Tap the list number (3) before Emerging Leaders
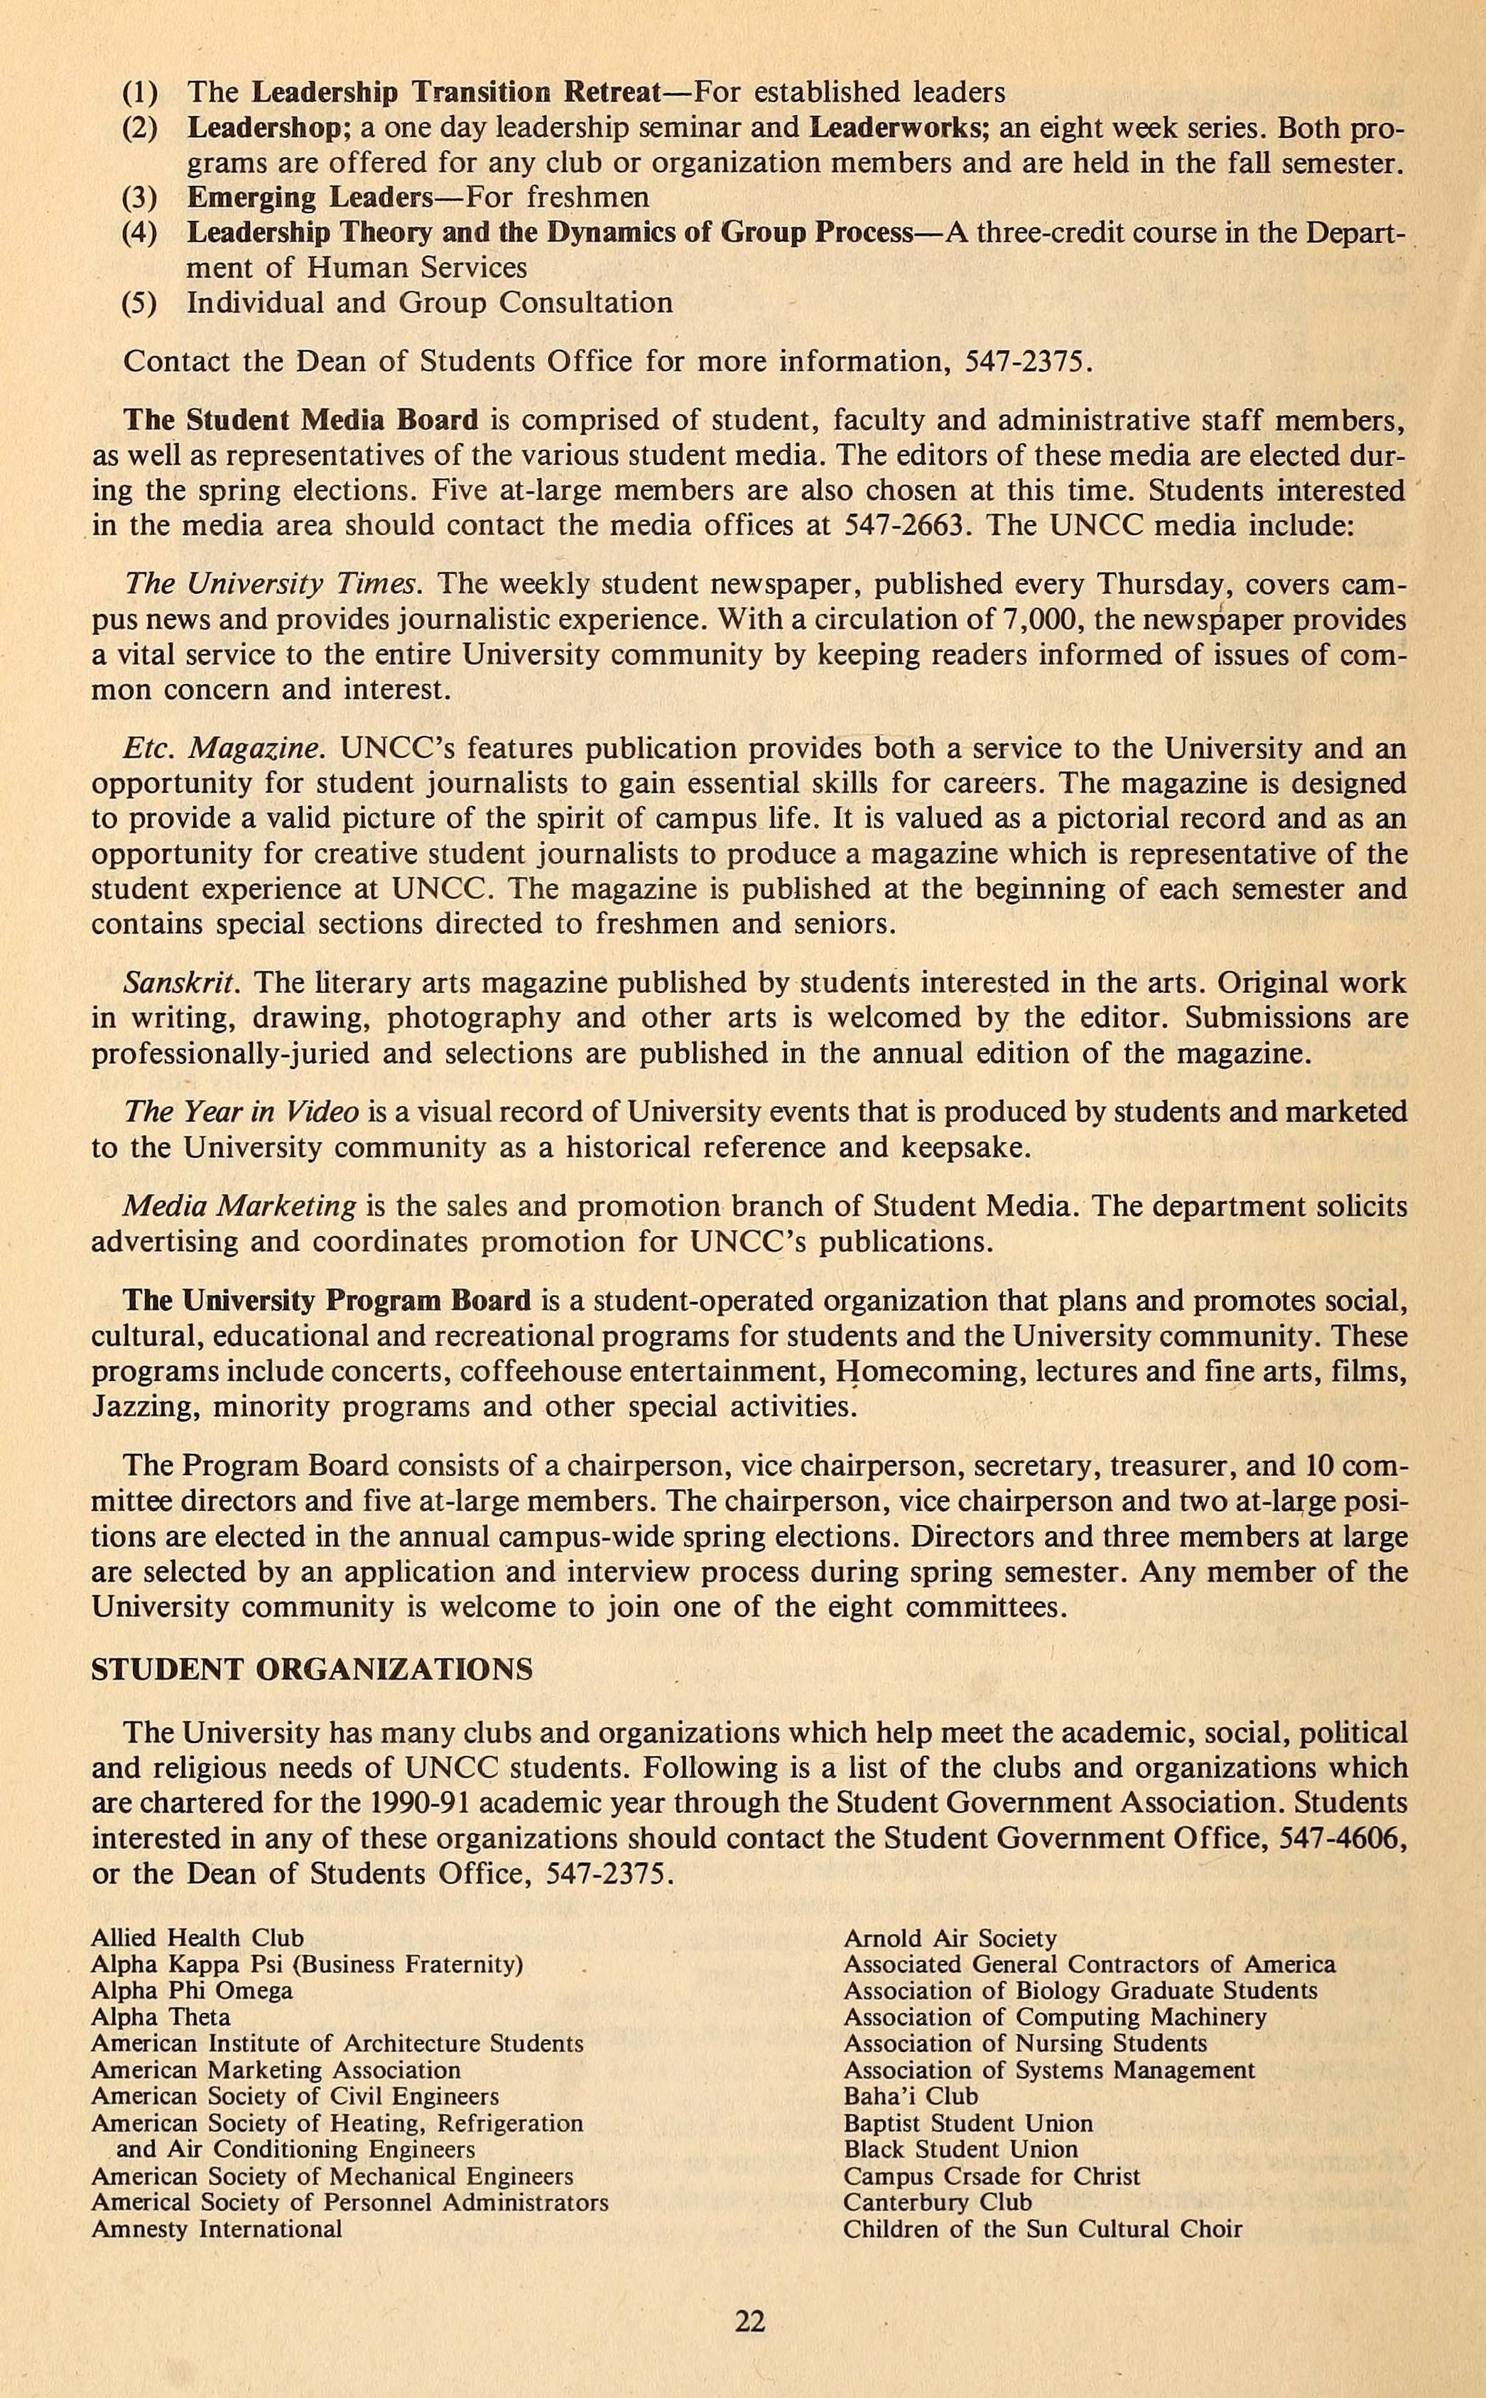click(139, 197)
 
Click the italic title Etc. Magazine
click(223, 749)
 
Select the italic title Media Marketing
click(239, 1206)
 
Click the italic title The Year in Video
click(240, 1112)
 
